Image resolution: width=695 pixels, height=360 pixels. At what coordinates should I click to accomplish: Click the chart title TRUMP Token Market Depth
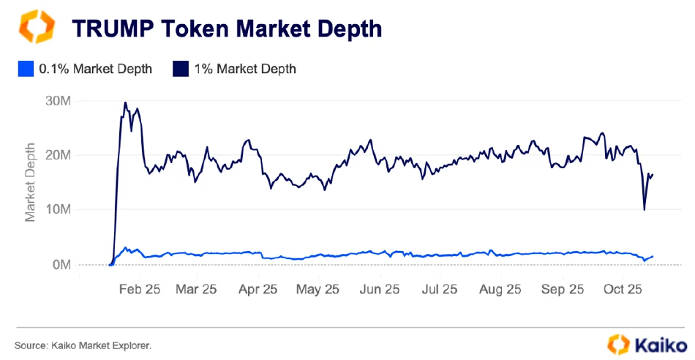tap(226, 29)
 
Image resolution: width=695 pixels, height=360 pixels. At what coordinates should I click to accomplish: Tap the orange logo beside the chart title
tap(36, 27)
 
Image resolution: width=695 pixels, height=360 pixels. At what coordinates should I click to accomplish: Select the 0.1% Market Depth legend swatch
tap(25, 69)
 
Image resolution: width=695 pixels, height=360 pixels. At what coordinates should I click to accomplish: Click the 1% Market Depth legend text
tap(245, 69)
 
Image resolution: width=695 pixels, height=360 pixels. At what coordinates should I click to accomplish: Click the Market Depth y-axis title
tap(31, 182)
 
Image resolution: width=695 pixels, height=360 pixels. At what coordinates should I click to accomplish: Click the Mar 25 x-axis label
tap(196, 289)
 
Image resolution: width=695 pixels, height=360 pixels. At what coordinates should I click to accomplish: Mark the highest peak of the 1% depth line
tap(125, 103)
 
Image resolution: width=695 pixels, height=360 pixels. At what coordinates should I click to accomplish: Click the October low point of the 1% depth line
tap(644, 210)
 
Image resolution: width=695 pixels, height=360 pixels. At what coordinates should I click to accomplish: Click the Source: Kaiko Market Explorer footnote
tap(83, 344)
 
